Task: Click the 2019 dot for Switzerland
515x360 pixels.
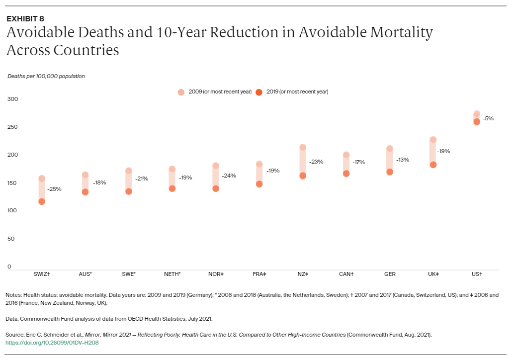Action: click(x=42, y=201)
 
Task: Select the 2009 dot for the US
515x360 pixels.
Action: click(x=477, y=114)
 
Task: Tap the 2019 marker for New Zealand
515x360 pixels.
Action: click(x=303, y=176)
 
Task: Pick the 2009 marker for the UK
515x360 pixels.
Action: click(x=433, y=140)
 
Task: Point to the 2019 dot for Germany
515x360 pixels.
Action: click(x=390, y=172)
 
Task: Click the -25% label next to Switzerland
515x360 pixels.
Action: click(x=54, y=189)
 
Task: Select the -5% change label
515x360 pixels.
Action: click(x=488, y=118)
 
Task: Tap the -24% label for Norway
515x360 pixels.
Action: click(x=229, y=176)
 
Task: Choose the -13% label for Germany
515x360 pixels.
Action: click(x=402, y=160)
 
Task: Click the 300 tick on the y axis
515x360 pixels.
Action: click(x=13, y=99)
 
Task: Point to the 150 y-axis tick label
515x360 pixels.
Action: click(x=13, y=183)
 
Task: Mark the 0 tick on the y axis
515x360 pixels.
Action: click(x=9, y=267)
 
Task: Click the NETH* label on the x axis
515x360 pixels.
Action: click(x=172, y=274)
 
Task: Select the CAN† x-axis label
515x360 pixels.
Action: click(x=346, y=274)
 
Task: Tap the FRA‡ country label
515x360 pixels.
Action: click(x=259, y=274)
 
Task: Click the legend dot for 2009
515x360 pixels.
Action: click(x=181, y=92)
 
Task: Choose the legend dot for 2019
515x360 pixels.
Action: click(x=258, y=92)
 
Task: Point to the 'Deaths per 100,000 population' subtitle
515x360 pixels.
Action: click(x=46, y=76)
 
